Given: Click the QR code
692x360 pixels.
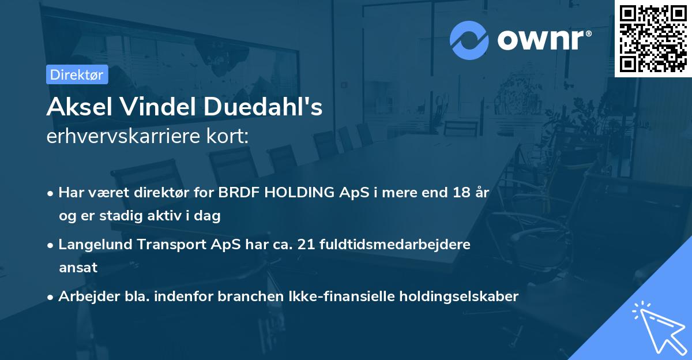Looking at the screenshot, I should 653,38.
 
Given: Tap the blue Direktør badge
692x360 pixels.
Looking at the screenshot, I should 77,74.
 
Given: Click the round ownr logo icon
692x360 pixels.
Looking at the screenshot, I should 469,40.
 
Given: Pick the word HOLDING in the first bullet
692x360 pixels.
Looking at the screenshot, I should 294,193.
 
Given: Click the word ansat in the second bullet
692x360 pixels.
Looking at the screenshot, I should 78,268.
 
